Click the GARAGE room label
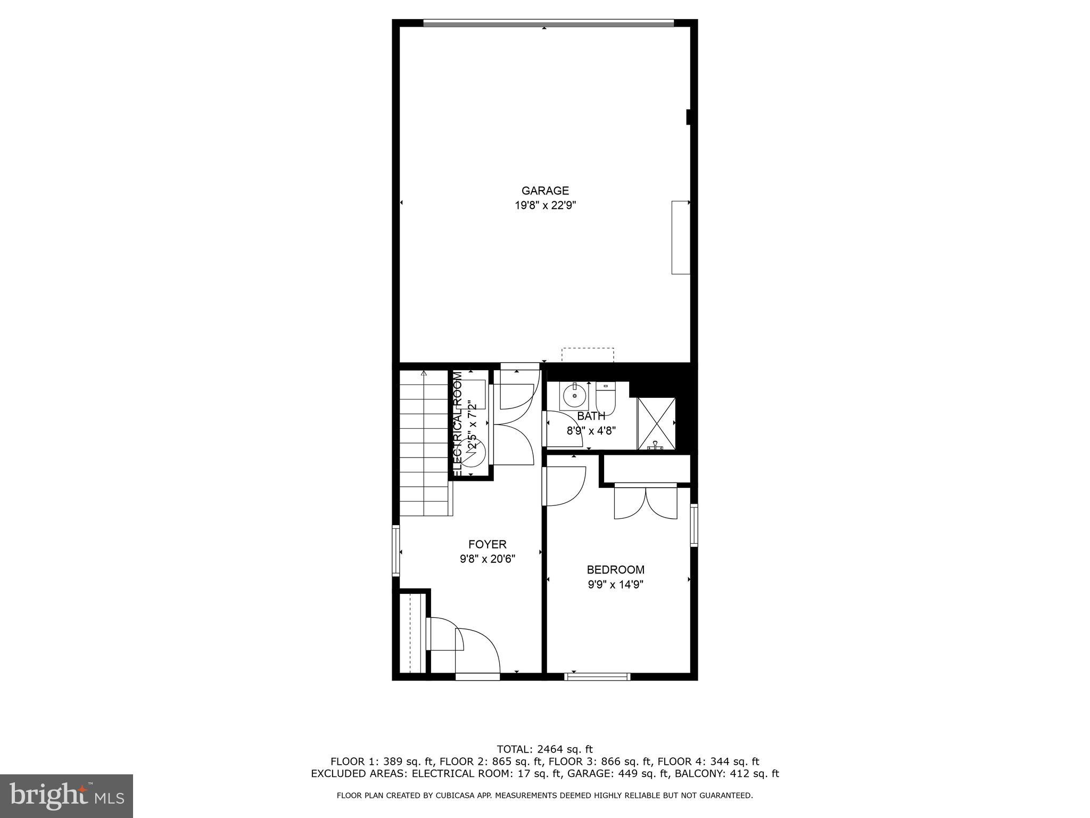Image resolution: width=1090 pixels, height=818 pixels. click(x=544, y=191)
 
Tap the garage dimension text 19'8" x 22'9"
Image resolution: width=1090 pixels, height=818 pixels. click(x=544, y=206)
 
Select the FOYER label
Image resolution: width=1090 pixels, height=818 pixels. click(x=487, y=544)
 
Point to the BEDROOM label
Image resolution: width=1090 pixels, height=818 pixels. click(x=615, y=570)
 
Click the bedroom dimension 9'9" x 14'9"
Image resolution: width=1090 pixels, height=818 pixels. click(x=615, y=585)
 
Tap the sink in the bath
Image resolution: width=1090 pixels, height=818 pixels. click(x=574, y=396)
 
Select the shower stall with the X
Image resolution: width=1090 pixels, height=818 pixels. click(x=656, y=423)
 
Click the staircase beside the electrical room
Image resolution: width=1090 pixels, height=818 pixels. click(x=424, y=442)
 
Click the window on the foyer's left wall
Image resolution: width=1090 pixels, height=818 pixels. click(x=395, y=551)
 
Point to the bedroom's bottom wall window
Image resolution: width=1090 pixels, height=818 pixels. click(x=597, y=677)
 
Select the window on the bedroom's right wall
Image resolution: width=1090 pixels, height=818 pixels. click(x=694, y=525)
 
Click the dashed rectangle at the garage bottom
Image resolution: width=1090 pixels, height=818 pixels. click(x=588, y=355)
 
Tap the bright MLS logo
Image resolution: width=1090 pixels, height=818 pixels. click(x=67, y=795)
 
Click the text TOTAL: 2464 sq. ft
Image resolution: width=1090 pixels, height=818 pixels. click(x=544, y=749)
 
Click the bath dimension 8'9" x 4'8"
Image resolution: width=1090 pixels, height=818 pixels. click(x=591, y=431)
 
